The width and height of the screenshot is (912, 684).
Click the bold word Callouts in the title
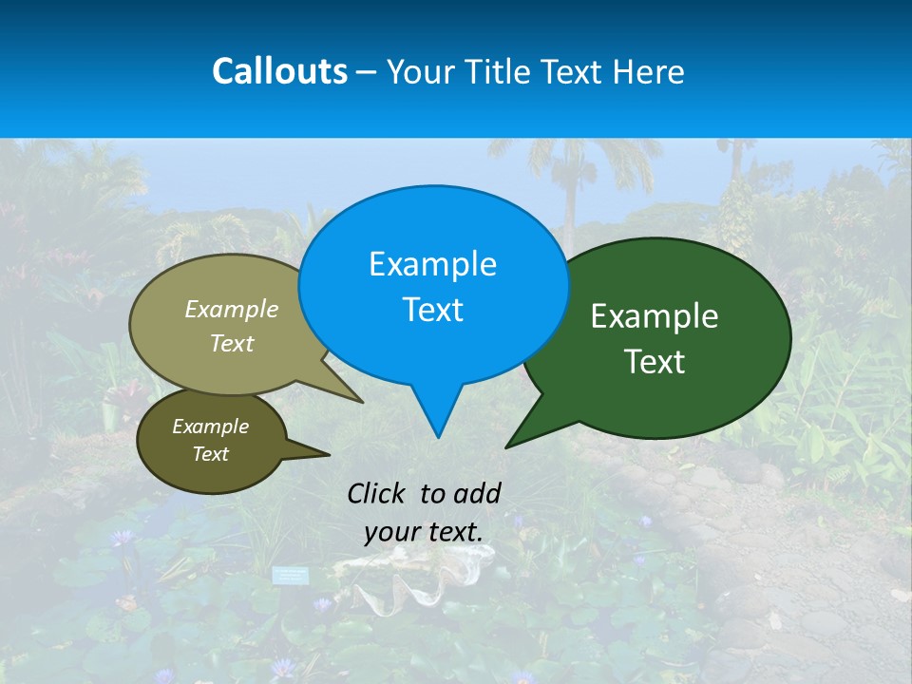[x=279, y=71]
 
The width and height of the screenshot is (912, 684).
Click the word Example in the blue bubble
[x=432, y=264]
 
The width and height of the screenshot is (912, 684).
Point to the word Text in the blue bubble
[x=432, y=310]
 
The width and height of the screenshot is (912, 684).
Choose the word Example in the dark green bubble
[x=655, y=316]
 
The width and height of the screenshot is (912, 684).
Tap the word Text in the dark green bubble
[x=655, y=362]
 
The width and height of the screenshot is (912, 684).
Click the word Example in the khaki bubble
[x=232, y=310]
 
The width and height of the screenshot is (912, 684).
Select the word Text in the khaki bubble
[x=232, y=343]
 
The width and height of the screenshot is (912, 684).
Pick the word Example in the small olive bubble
[x=210, y=427]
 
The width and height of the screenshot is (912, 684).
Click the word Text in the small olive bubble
[x=210, y=454]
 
